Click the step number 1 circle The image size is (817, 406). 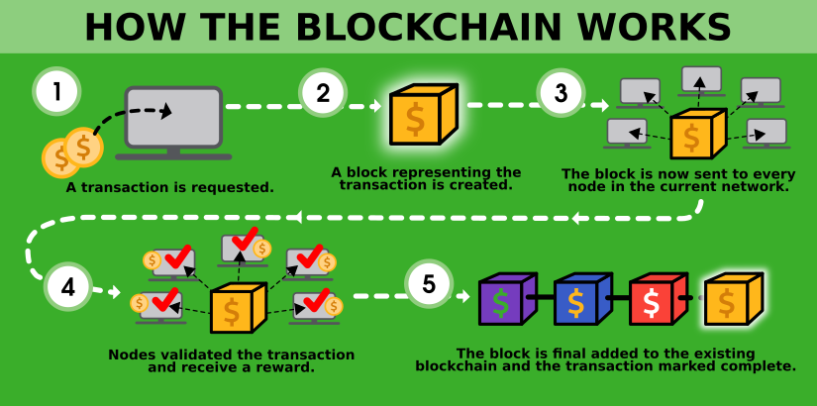pyautogui.click(x=57, y=92)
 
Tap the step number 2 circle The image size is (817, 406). pyautogui.click(x=323, y=94)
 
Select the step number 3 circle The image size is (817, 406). pyautogui.click(x=561, y=94)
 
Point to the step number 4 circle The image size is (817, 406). pyautogui.click(x=68, y=288)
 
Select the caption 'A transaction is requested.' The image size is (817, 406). pyautogui.click(x=169, y=185)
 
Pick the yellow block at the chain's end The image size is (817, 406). pyautogui.click(x=733, y=300)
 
